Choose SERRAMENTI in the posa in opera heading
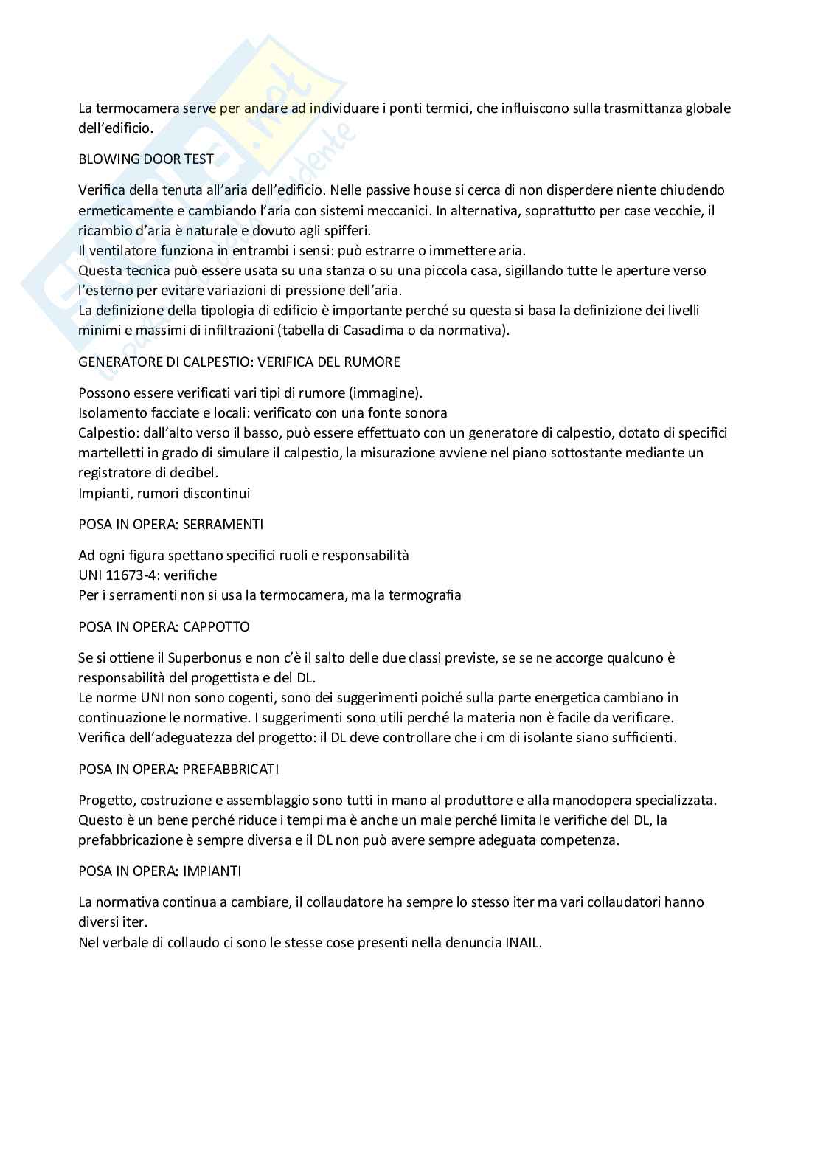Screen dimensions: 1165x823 click(223, 525)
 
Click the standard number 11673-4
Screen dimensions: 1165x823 click(131, 575)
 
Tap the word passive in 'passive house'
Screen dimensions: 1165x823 click(400, 190)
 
